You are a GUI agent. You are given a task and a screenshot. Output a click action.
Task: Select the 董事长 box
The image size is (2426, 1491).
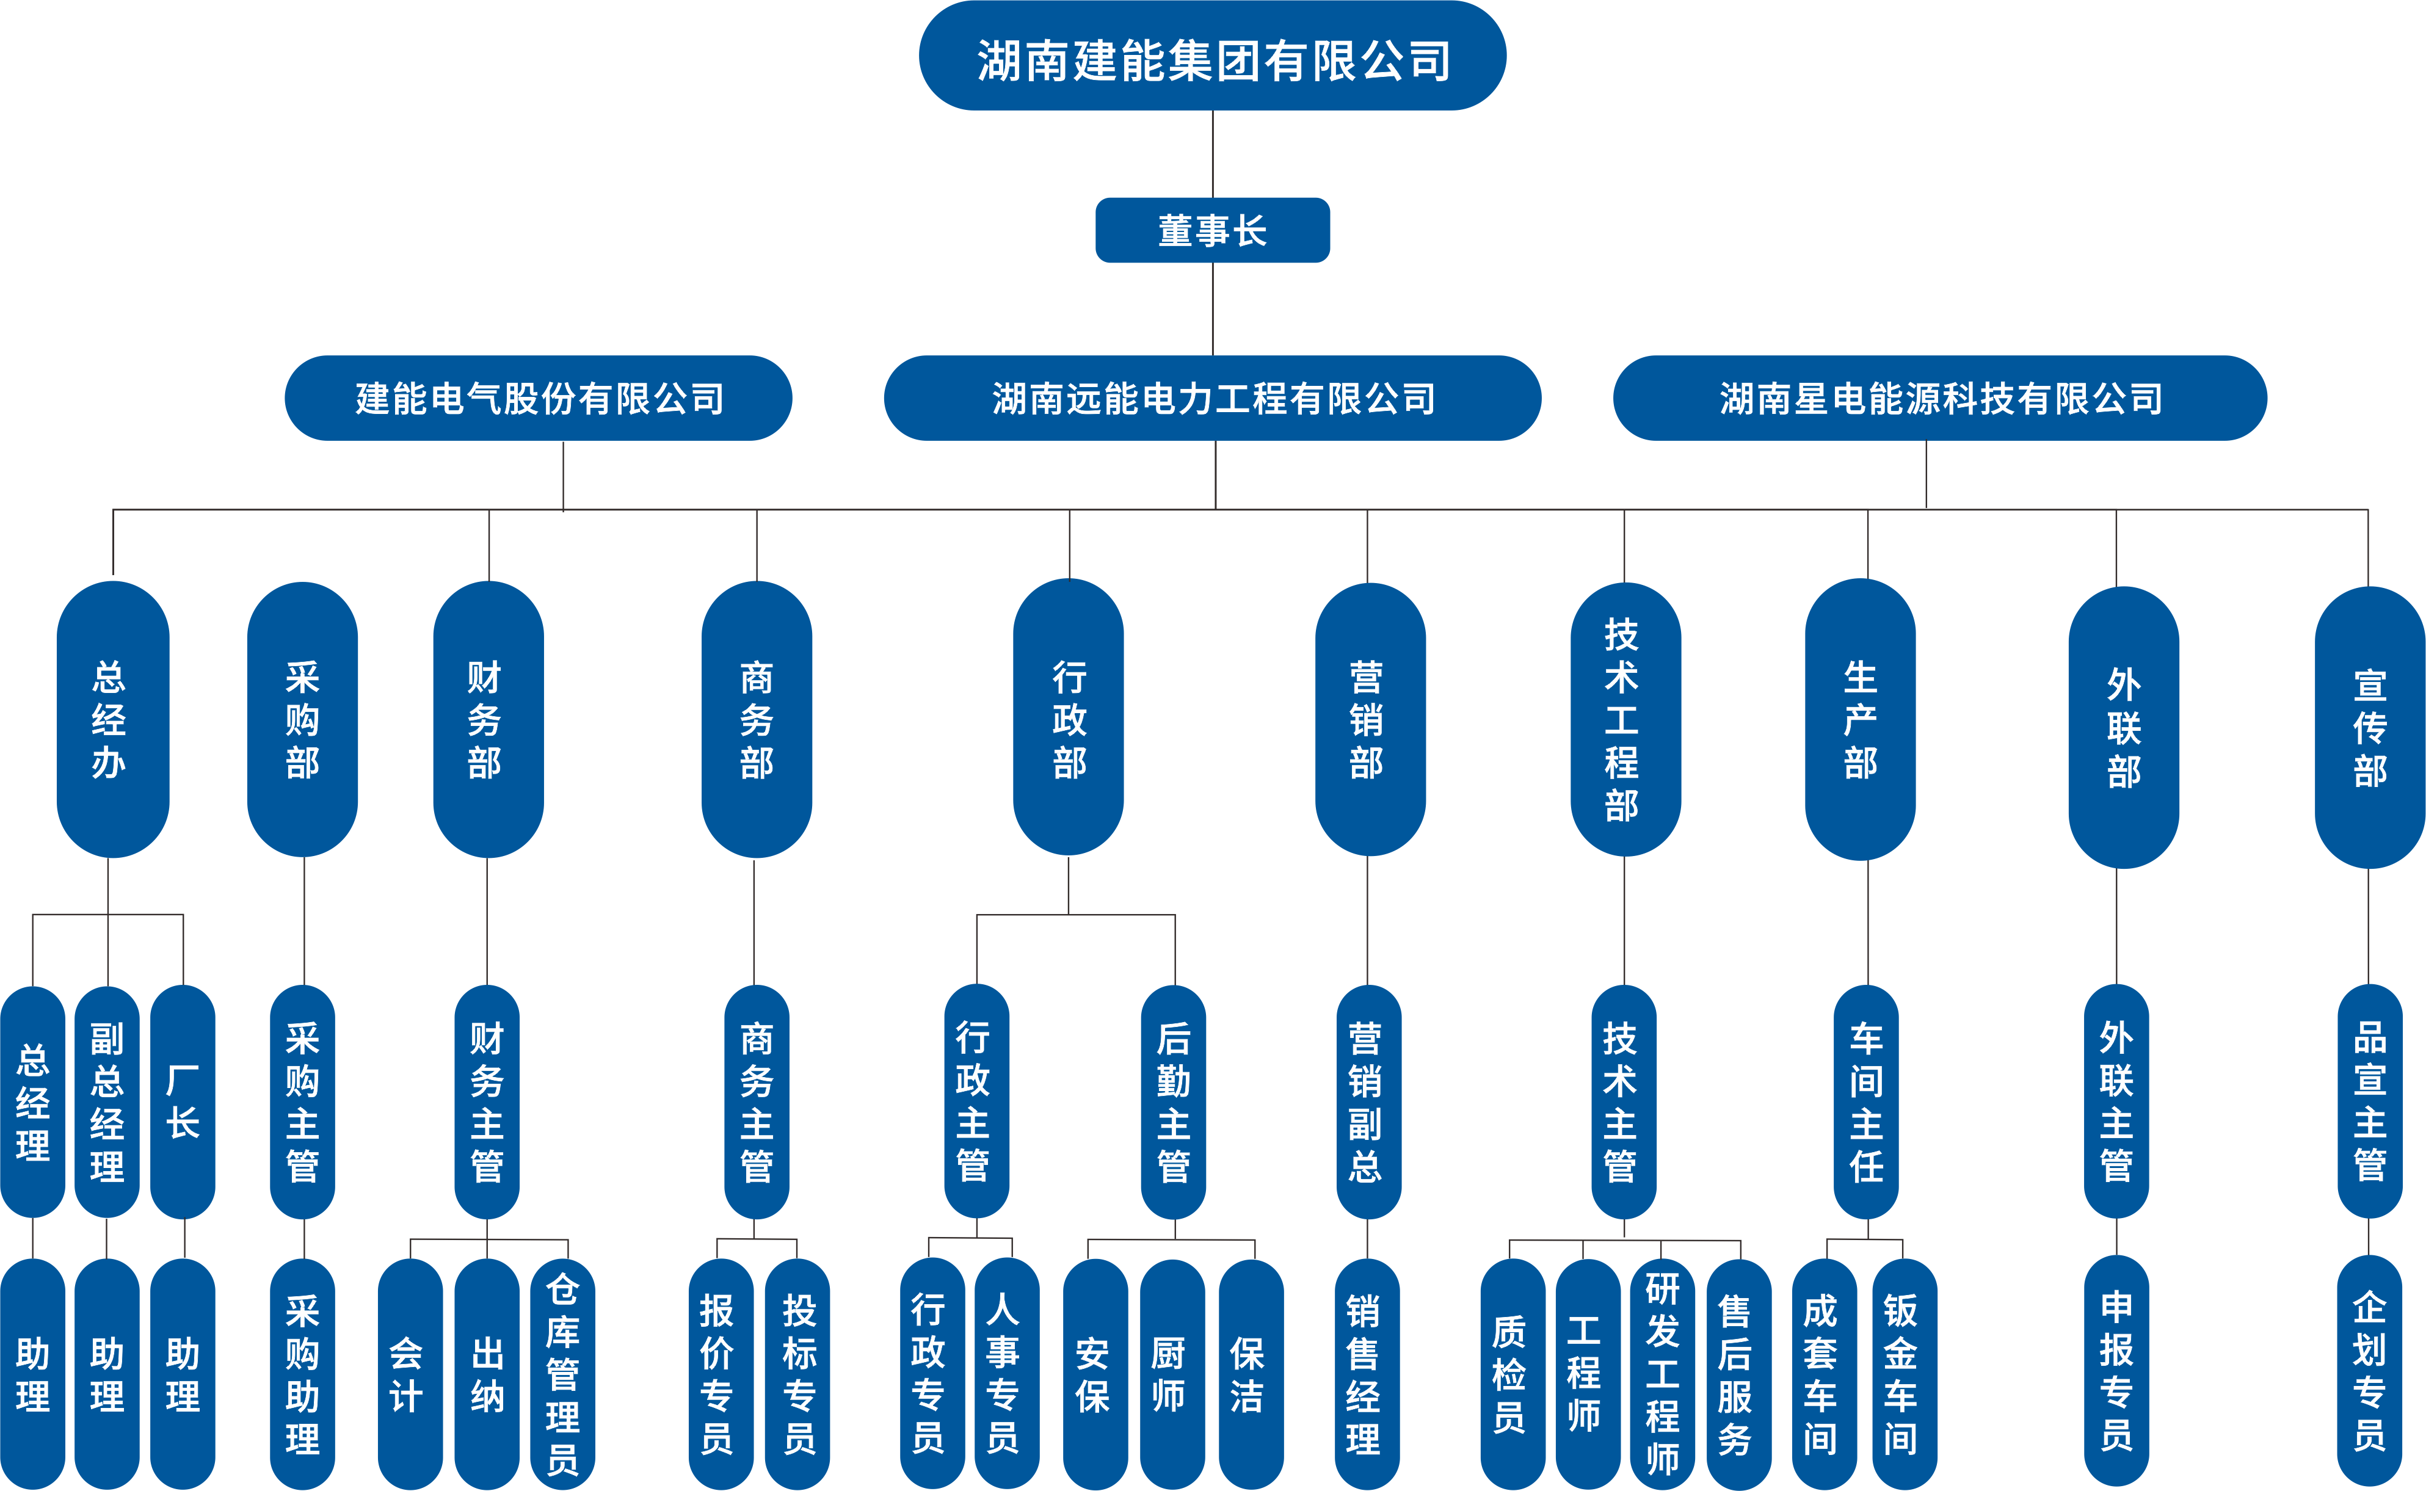coord(1212,231)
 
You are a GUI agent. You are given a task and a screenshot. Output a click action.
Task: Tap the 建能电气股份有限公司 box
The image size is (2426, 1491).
coord(539,398)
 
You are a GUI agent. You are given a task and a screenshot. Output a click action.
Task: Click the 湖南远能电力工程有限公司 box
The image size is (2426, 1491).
coord(1212,398)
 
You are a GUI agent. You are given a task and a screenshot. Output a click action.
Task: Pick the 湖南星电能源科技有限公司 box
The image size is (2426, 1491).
coord(1940,398)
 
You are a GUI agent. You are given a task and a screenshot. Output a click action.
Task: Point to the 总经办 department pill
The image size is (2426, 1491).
coord(111,720)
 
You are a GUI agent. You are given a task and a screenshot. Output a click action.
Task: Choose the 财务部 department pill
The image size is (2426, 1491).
coord(487,720)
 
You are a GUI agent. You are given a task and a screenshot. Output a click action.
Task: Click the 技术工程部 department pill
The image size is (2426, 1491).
coord(1624,720)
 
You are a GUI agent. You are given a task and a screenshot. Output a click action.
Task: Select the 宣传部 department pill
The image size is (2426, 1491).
coord(2369,728)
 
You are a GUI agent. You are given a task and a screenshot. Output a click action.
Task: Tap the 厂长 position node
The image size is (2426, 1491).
coord(183,1101)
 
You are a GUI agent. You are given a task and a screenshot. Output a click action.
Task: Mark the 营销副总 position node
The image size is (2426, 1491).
coord(1367,1101)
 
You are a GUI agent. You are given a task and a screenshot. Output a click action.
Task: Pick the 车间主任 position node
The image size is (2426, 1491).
coord(1866,1101)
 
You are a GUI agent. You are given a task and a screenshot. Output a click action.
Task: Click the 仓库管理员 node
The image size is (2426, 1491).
coord(562,1374)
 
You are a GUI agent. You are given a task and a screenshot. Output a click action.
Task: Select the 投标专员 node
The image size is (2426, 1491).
coord(798,1374)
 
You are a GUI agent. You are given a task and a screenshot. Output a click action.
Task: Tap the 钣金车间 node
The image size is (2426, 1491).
coord(1902,1374)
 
